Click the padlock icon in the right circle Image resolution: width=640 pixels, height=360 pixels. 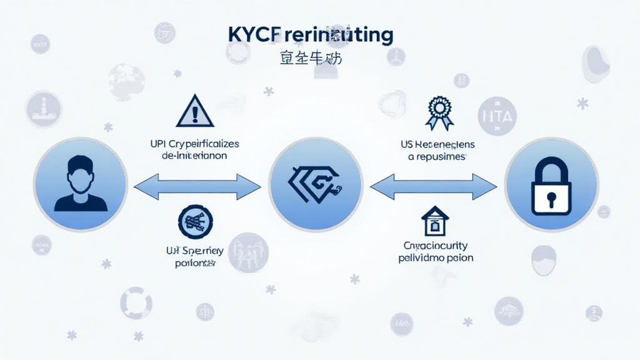coord(551,187)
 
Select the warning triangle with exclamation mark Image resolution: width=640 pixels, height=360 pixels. coord(195,112)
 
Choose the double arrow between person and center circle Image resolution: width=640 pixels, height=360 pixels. coord(197,186)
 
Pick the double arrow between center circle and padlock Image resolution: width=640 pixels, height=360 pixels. coord(434,186)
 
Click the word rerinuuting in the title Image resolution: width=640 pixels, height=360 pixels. coord(341,36)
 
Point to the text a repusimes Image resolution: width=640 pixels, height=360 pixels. coord(436,157)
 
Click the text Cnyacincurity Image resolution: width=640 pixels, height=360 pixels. coord(436,246)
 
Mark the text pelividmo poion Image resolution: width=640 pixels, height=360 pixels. coord(436,257)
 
